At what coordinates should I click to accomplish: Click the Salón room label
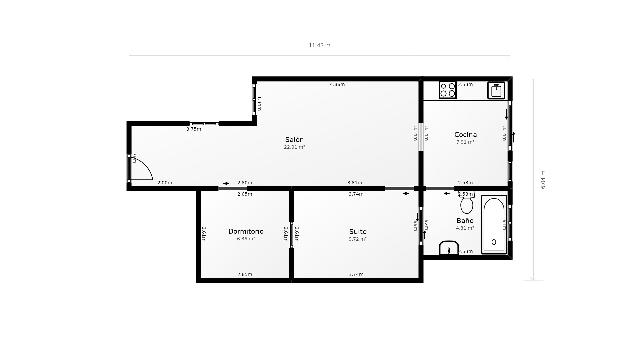coord(294,138)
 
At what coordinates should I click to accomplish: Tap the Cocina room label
coord(465,134)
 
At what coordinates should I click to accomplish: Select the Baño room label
coord(464,220)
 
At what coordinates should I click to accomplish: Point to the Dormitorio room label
coord(244,231)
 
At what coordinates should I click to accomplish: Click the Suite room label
coord(358,231)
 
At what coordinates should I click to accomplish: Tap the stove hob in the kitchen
coord(447,90)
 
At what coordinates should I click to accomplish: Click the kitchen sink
coord(495,90)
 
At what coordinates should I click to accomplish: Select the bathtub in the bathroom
coord(494,225)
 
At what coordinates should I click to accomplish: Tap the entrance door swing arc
coord(140,168)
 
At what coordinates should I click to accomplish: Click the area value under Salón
coord(294,147)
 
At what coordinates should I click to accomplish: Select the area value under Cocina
coord(465,143)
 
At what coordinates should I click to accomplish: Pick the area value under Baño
coord(463,229)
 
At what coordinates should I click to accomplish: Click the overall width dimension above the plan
coord(319,45)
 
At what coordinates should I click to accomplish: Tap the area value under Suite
coord(358,239)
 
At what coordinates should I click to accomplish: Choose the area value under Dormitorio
coord(244,239)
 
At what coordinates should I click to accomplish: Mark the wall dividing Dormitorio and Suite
coord(291,235)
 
